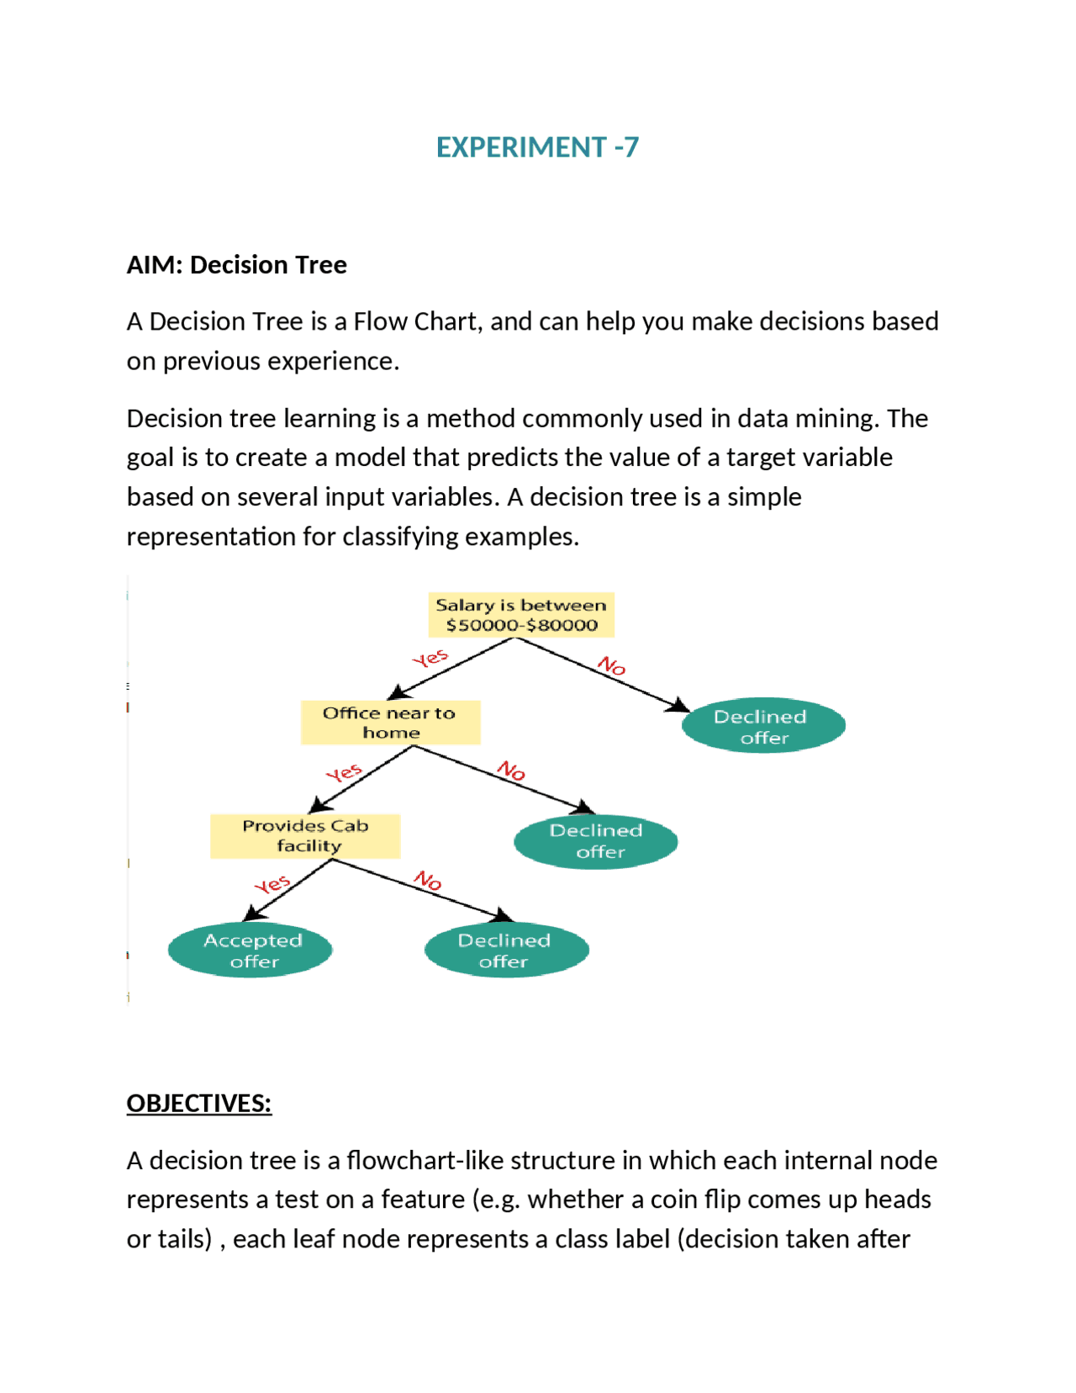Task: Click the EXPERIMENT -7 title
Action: pos(537,147)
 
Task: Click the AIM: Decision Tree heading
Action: pos(236,265)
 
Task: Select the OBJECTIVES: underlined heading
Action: pos(199,1103)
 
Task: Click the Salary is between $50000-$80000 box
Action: pos(521,615)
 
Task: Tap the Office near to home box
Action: pos(390,723)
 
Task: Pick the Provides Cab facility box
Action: pos(305,835)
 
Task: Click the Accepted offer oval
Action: pos(251,951)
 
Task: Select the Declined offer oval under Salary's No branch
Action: pos(763,726)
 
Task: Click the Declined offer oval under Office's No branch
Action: pos(596,840)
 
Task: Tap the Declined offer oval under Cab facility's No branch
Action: pos(506,951)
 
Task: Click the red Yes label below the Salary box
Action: pos(430,658)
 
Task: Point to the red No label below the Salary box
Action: pos(611,666)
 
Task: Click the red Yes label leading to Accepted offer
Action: pos(272,884)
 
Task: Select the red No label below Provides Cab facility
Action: pos(428,881)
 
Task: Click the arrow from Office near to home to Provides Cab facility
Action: pos(361,779)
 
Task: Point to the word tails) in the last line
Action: pos(186,1239)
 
